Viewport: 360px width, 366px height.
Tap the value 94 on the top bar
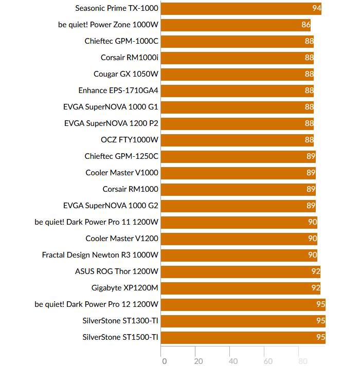click(316, 8)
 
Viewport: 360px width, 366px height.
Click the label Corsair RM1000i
click(130, 58)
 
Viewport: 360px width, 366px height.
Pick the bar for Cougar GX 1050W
click(237, 74)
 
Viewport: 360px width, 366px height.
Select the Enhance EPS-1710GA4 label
click(118, 90)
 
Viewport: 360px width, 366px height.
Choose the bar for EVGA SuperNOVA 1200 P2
click(237, 123)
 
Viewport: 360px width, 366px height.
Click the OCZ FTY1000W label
click(130, 140)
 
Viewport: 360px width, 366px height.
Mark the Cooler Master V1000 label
click(122, 173)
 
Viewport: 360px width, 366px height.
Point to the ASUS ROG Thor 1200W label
click(117, 271)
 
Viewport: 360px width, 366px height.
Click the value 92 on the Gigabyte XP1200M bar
click(316, 288)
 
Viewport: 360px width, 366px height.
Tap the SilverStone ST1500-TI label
click(120, 337)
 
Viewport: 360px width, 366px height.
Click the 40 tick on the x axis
click(233, 361)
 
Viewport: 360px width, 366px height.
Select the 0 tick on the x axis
click(164, 361)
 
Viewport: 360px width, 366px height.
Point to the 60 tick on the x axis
click(267, 361)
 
